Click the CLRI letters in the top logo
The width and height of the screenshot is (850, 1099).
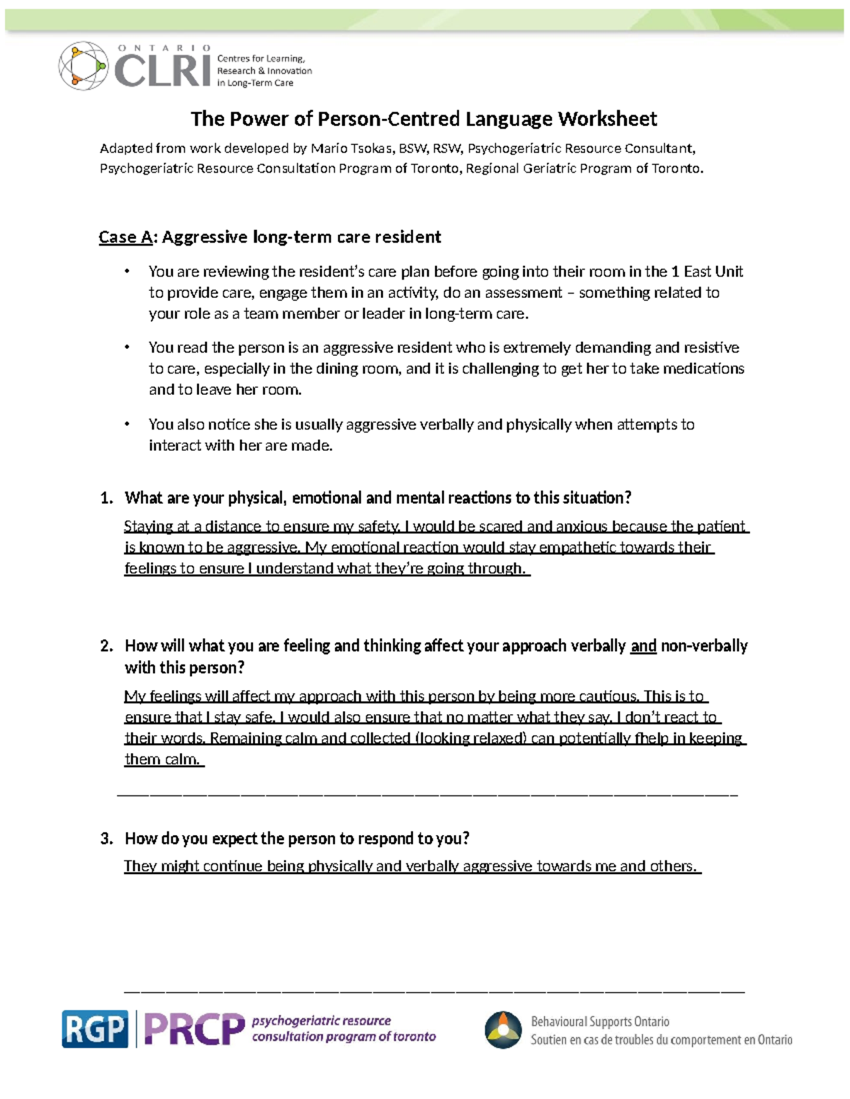(x=162, y=71)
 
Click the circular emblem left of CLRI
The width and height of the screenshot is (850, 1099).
(x=83, y=66)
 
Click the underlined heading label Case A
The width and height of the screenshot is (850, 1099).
(x=125, y=237)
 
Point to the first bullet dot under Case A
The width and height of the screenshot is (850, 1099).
(x=127, y=272)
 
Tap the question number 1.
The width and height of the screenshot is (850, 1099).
(x=106, y=498)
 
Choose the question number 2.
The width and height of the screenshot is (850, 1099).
(x=106, y=646)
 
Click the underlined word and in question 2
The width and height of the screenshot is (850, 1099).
(x=643, y=646)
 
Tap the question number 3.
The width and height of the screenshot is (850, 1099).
(x=106, y=839)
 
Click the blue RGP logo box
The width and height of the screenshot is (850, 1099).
(x=95, y=1029)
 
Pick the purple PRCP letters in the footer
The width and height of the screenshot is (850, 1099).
(x=194, y=1029)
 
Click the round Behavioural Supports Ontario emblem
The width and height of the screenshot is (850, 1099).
(x=503, y=1030)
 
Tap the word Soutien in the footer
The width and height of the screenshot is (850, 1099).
(x=552, y=1040)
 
